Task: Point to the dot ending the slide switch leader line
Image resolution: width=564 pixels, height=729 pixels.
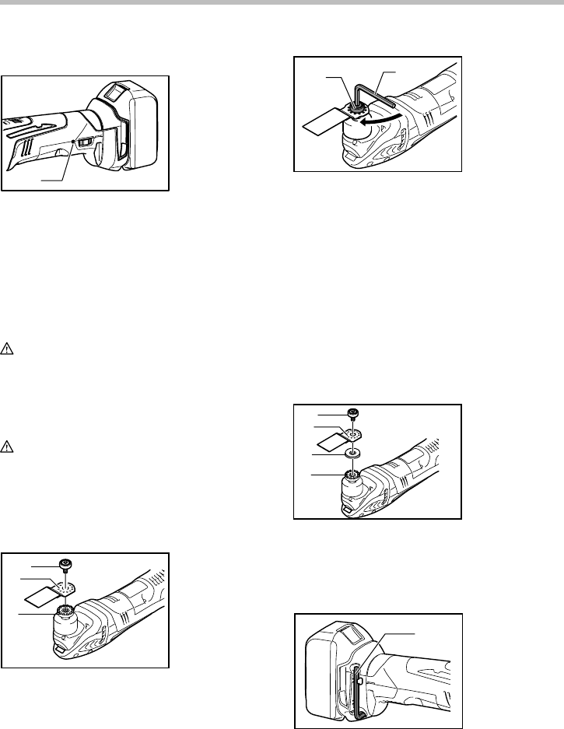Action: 72,141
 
